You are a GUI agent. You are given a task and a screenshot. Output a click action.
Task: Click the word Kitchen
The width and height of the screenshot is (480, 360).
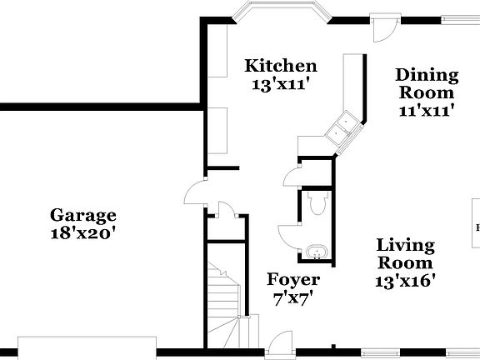point(280,65)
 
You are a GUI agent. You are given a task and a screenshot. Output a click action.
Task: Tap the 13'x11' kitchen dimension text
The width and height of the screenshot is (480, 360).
point(280,83)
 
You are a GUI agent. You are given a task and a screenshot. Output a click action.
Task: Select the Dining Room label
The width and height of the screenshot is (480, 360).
point(427,83)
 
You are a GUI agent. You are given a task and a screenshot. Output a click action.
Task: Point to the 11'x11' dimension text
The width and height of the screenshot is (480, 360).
point(427,109)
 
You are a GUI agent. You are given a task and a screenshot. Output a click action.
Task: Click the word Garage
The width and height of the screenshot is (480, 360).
point(82,216)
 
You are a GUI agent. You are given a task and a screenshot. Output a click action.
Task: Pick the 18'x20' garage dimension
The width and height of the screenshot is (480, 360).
point(82,234)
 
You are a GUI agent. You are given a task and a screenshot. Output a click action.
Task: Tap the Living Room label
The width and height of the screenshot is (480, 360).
point(406,254)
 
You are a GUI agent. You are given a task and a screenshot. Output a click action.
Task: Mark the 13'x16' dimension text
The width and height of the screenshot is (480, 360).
point(406,281)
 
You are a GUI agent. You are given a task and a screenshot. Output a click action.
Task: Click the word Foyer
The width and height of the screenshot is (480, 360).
point(292,279)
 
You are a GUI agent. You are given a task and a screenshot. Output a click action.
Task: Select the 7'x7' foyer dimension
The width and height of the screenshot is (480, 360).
point(292,297)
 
